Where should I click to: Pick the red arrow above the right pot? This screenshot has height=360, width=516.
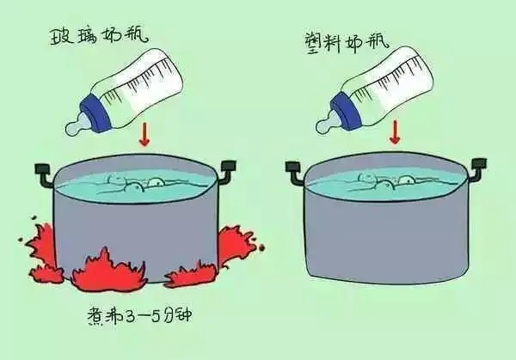pyautogui.click(x=395, y=132)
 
